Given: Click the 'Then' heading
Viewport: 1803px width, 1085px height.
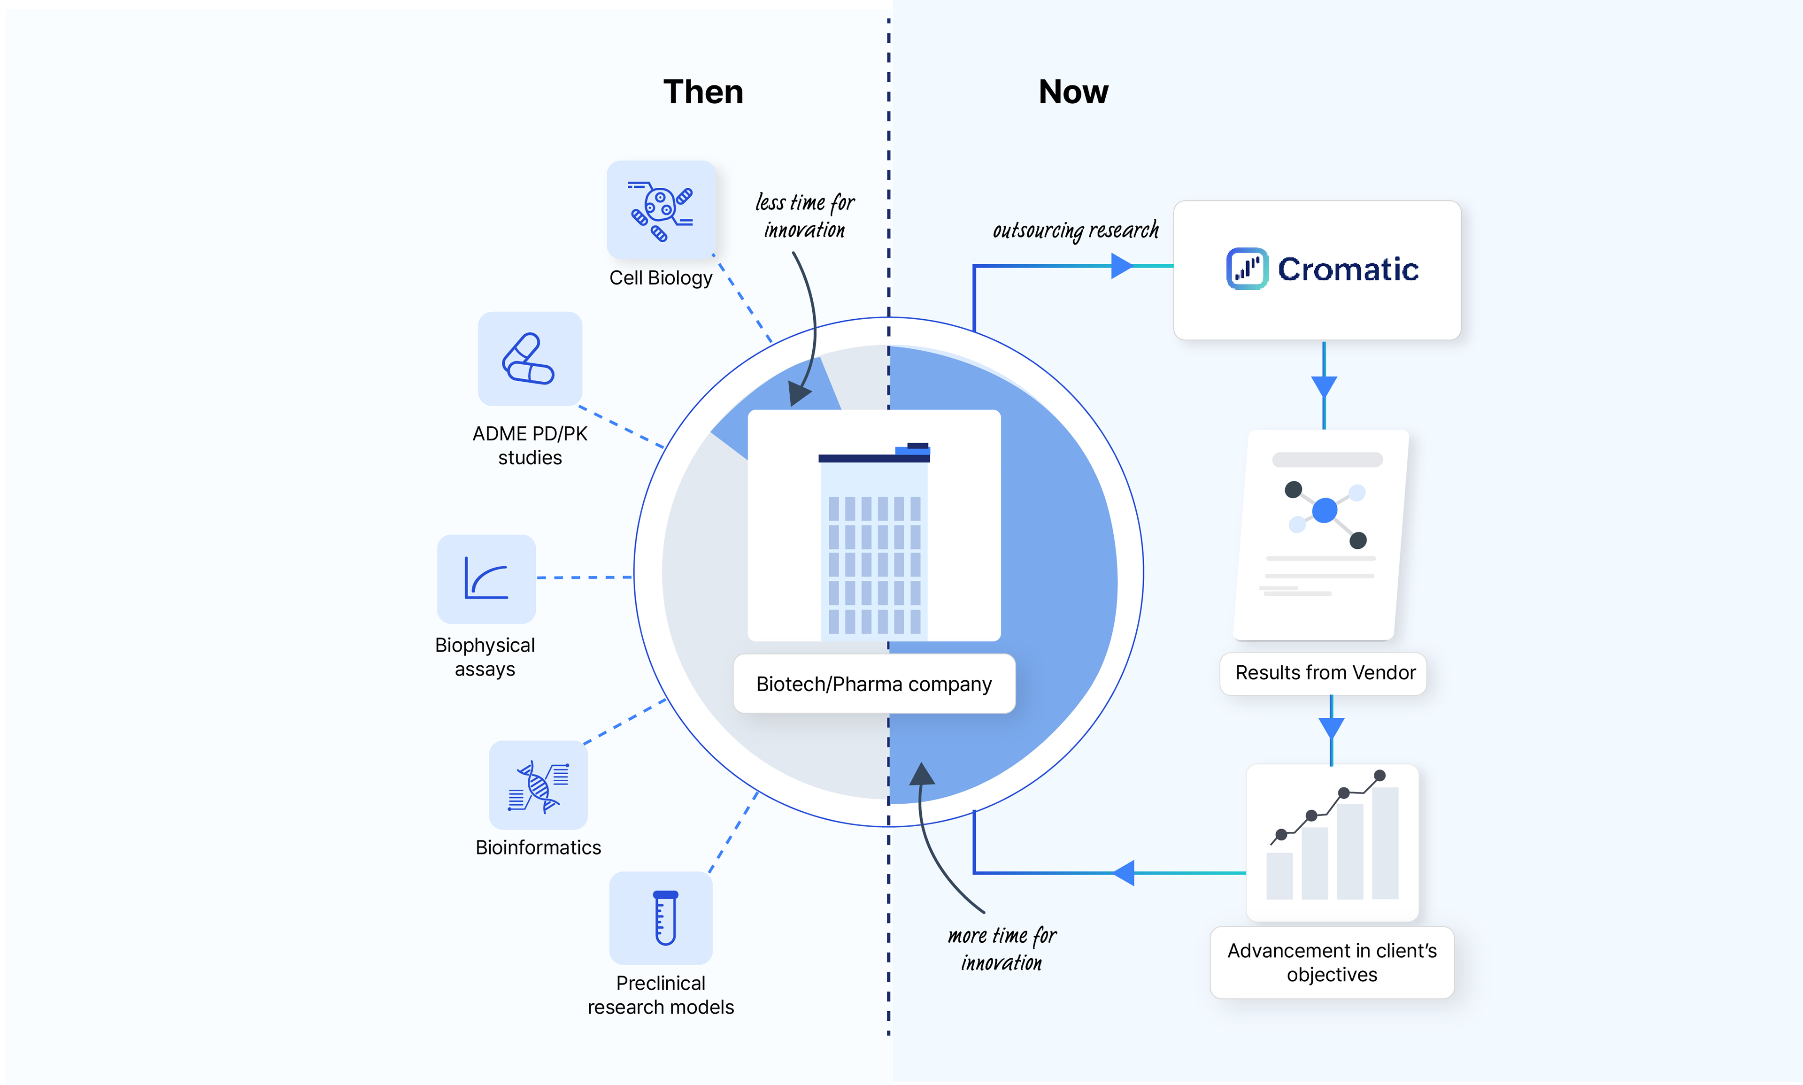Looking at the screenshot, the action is click(x=702, y=92).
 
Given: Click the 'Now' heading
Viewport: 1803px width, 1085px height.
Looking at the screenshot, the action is click(x=1073, y=92).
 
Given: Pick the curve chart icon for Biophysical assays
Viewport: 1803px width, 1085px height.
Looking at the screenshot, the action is click(x=486, y=578).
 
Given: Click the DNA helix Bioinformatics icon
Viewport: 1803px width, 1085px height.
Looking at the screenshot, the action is click(x=538, y=785).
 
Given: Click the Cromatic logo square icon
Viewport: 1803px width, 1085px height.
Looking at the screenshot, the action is click(x=1247, y=269).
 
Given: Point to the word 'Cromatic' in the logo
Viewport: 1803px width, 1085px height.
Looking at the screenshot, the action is click(x=1348, y=269).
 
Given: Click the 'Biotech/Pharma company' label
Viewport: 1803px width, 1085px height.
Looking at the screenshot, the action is click(x=874, y=684).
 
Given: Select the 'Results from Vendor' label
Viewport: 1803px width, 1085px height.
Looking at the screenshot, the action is click(x=1325, y=673).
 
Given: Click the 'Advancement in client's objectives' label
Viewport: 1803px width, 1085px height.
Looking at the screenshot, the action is click(x=1332, y=962).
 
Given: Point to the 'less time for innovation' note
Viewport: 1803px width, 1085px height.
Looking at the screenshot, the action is click(x=805, y=215).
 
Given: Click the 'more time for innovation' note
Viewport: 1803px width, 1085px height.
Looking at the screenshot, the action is click(x=1002, y=949).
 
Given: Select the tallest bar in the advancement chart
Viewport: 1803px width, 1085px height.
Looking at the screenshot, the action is click(x=1385, y=843).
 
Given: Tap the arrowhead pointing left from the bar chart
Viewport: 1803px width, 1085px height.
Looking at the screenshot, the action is click(x=1124, y=873).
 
